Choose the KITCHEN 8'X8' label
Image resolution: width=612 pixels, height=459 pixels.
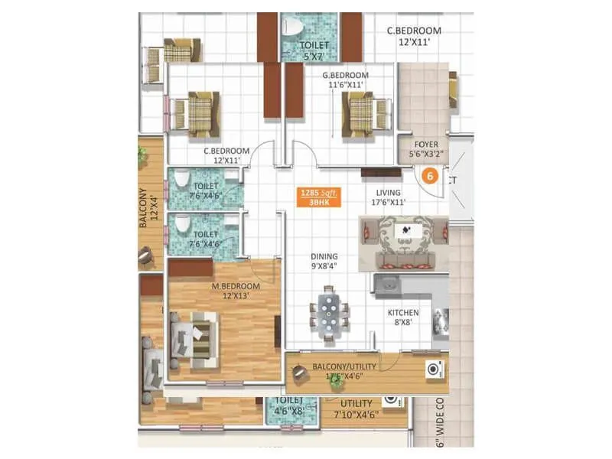pyautogui.click(x=402, y=317)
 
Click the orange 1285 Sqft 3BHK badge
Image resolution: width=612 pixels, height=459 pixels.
pyautogui.click(x=318, y=197)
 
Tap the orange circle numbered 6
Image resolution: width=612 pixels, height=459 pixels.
pyautogui.click(x=430, y=175)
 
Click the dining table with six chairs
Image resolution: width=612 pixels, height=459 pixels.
pyautogui.click(x=329, y=314)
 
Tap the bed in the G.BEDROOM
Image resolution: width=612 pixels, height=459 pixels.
pyautogui.click(x=360, y=113)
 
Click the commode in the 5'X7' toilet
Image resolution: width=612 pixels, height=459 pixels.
pyautogui.click(x=290, y=28)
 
